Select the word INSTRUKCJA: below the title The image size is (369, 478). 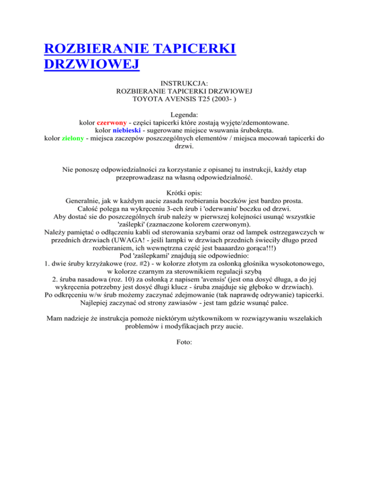185,83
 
